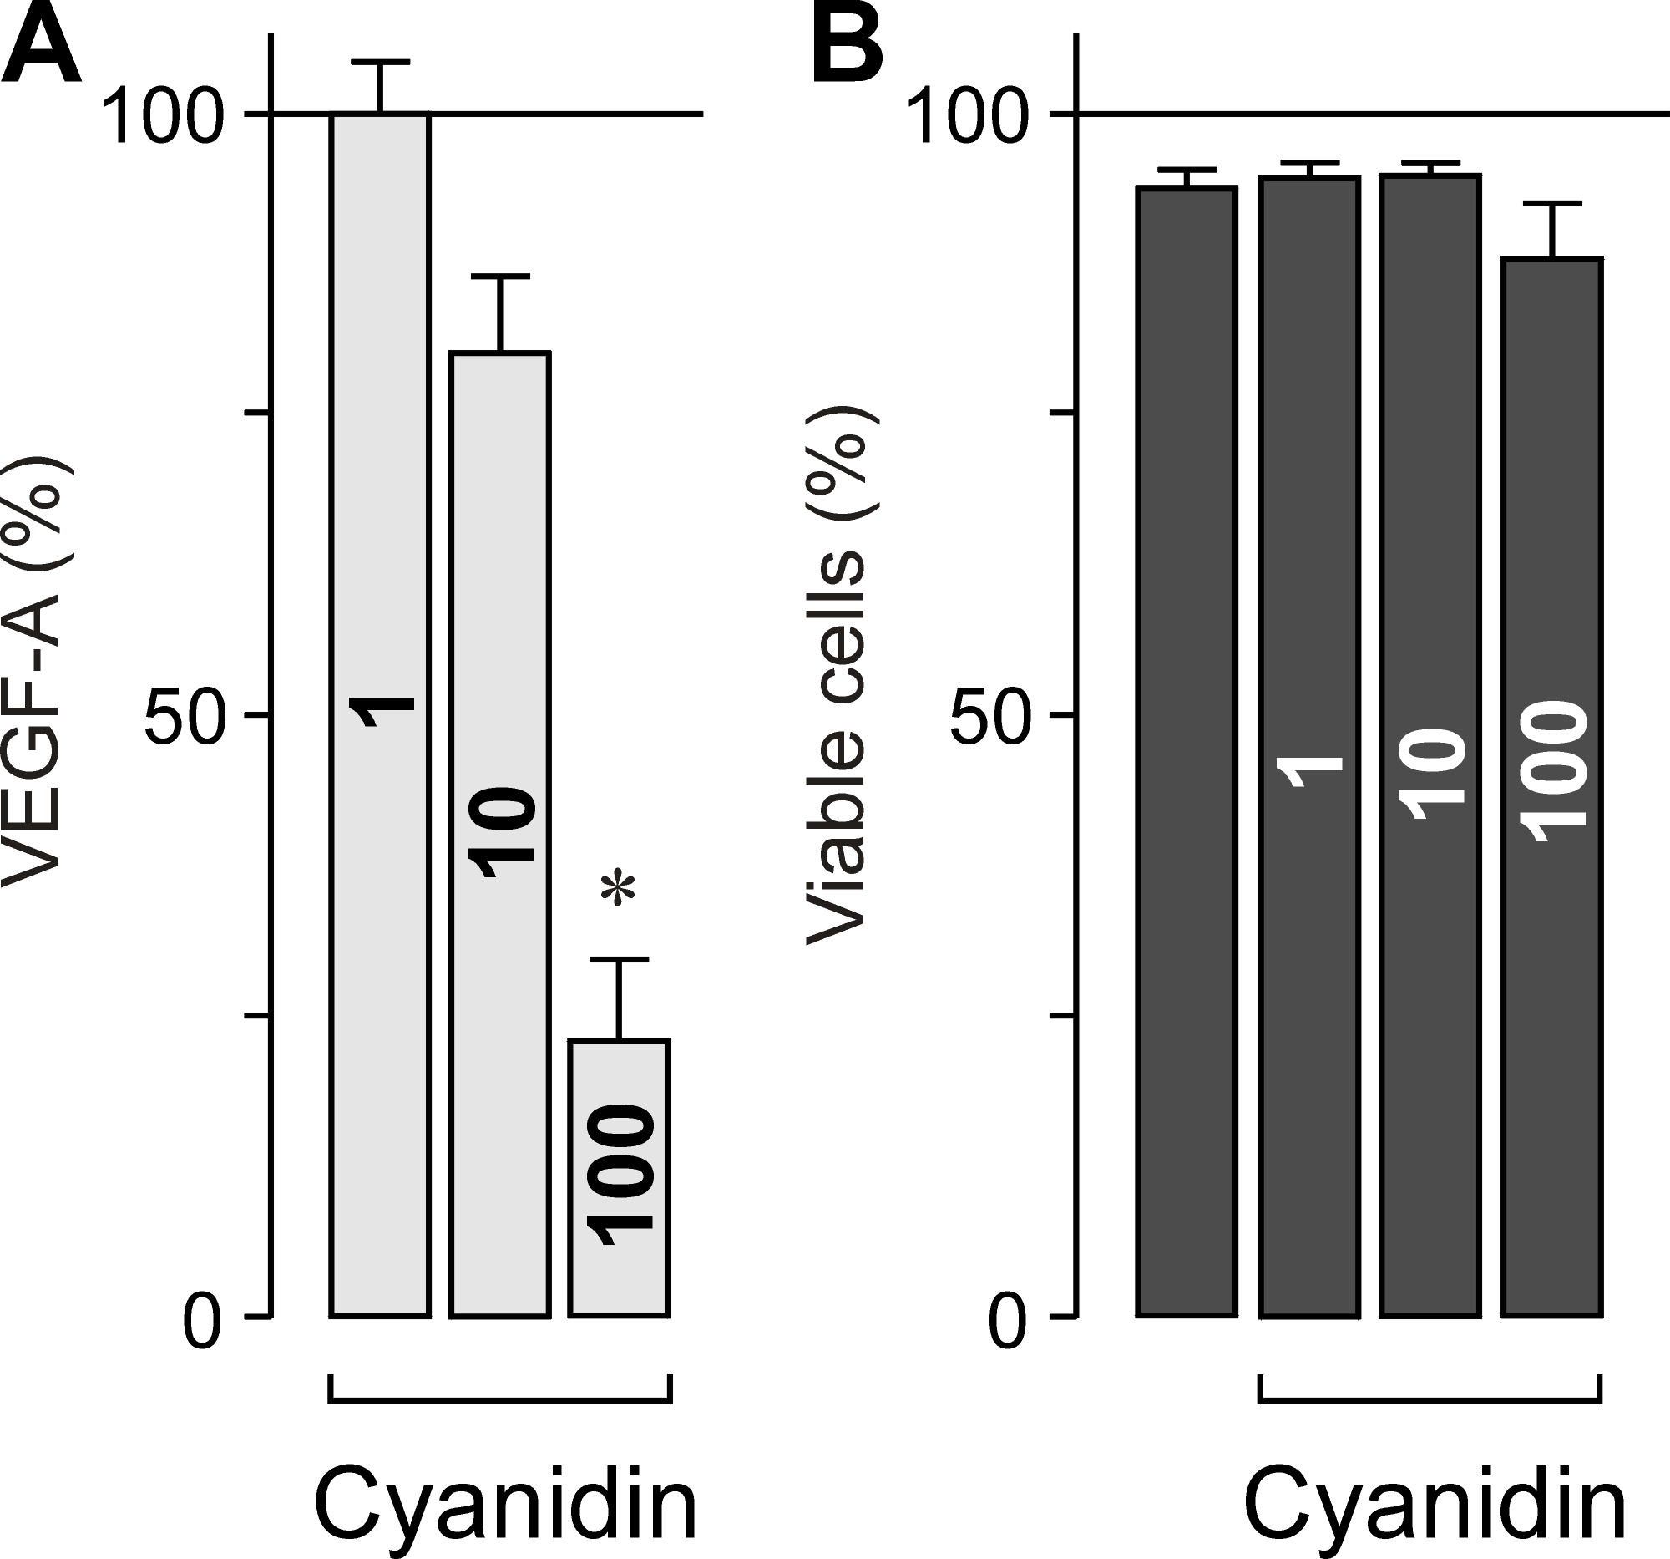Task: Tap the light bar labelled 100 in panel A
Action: click(x=619, y=1176)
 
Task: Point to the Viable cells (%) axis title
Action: click(x=836, y=677)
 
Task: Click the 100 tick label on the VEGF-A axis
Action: click(x=164, y=118)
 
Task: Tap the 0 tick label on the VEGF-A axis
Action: click(x=202, y=1323)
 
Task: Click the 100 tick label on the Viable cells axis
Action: click(x=969, y=118)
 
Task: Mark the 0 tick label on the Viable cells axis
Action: click(x=1007, y=1323)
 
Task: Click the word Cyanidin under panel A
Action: click(x=506, y=1505)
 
